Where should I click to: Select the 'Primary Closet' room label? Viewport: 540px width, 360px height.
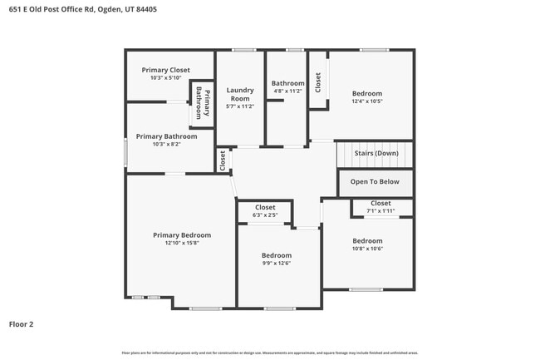pos(166,70)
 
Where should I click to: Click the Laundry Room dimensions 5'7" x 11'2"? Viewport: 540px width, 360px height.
pos(240,106)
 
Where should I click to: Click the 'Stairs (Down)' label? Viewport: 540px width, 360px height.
pos(376,153)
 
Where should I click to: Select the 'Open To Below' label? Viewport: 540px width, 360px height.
pos(375,181)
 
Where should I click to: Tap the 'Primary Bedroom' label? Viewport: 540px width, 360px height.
pos(182,235)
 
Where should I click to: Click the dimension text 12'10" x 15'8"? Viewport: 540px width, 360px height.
pos(182,243)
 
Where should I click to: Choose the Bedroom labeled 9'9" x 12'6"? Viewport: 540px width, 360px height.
pos(277,255)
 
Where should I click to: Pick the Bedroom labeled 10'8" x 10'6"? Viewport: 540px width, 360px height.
pos(367,241)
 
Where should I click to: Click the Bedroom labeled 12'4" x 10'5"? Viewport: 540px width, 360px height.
pos(366,94)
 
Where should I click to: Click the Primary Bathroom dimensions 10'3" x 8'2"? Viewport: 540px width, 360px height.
pos(166,144)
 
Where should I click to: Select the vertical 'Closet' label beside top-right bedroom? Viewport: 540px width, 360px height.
pos(317,81)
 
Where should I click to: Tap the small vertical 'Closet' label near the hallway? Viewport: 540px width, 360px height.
pos(223,160)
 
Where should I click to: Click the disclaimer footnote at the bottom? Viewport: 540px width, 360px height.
pos(269,353)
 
